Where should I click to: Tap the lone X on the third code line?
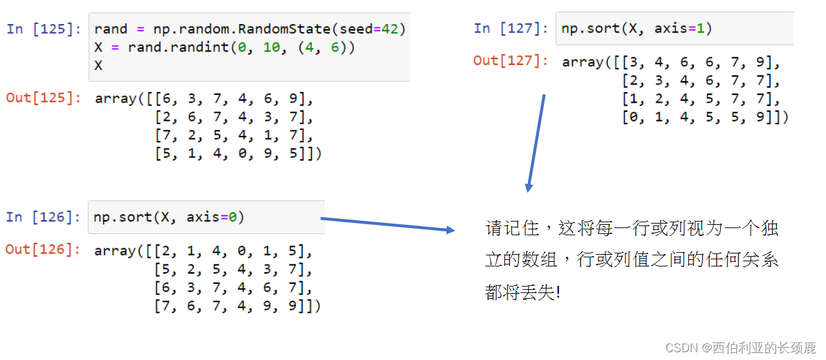pyautogui.click(x=98, y=66)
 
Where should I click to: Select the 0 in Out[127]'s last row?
pyautogui.click(x=627, y=118)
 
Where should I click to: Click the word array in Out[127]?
pyautogui.click(x=582, y=62)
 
